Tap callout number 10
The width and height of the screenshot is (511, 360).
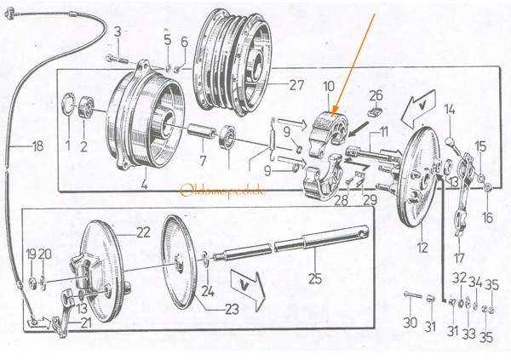pos(330,85)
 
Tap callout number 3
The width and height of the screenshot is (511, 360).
pos(118,31)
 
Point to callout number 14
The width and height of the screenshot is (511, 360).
pos(451,109)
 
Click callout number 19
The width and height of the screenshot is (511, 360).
pos(31,253)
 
